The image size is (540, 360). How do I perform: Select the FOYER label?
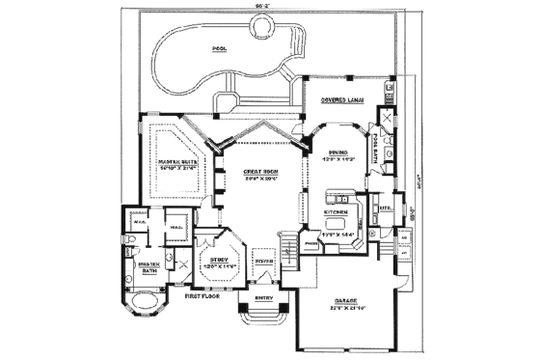click(264, 261)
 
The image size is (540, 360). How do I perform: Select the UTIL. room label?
click(385, 207)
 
